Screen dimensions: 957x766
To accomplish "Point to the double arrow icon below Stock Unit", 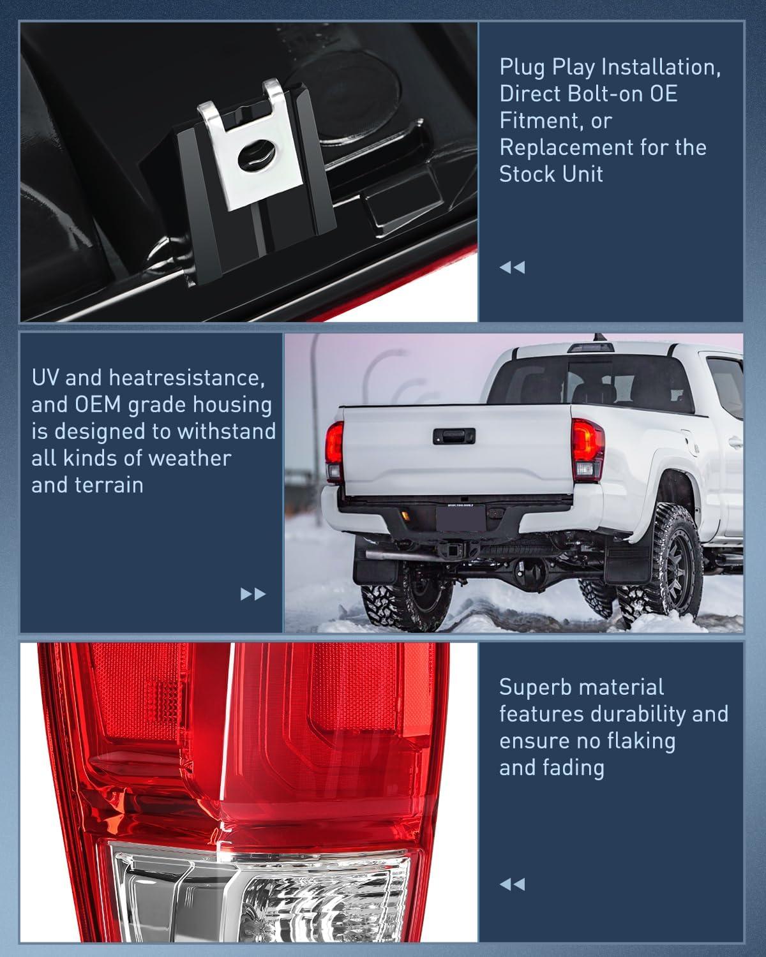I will point(512,267).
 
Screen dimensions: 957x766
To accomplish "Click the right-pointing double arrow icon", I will point(253,595).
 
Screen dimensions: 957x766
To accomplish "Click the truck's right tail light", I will point(587,449).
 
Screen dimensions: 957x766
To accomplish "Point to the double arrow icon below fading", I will point(512,884).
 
